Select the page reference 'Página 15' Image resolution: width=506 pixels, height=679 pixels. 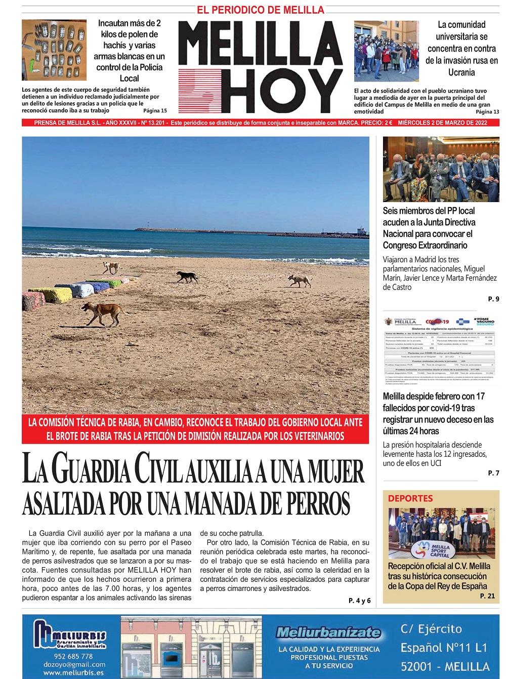pos(155,110)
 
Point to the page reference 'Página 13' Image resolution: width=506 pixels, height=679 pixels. pos(487,111)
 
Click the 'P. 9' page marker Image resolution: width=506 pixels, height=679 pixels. pos(493,299)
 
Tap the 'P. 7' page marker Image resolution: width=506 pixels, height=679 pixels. pos(493,473)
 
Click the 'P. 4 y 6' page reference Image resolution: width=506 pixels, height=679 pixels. pos(359,601)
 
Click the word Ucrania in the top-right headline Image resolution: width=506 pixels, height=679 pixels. pos(461,72)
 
